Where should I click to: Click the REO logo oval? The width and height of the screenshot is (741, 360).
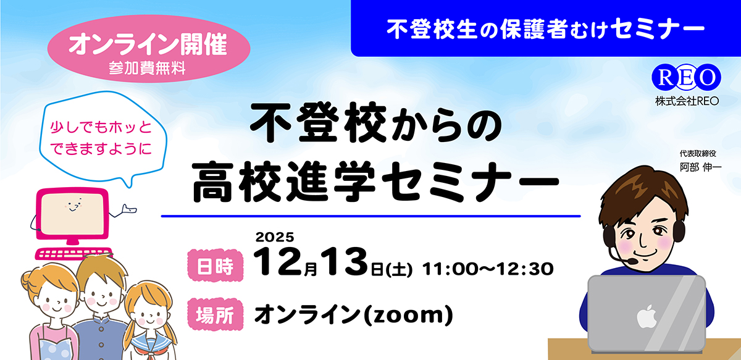click(686, 76)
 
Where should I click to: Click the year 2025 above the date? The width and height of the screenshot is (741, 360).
click(274, 236)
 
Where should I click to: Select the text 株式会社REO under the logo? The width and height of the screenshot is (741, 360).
click(686, 101)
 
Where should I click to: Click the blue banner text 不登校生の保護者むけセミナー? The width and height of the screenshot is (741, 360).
click(545, 29)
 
